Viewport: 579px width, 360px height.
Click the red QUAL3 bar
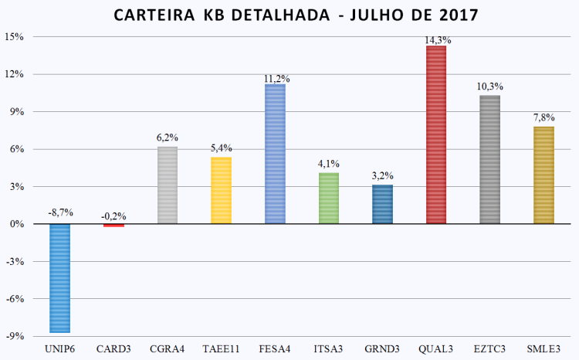436,135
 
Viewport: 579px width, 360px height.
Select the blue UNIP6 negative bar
60,278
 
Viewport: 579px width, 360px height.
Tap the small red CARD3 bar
113,225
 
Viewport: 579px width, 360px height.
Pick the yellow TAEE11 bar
221,190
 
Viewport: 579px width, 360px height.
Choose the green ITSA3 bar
329,198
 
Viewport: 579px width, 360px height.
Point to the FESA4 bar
275,154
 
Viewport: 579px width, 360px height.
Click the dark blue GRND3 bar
382,204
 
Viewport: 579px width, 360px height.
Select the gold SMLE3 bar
543,175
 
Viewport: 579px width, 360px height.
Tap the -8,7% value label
60,211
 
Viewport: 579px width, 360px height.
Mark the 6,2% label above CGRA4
168,138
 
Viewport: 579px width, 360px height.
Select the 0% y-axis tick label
16,224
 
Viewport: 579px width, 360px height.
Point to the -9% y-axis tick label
15,336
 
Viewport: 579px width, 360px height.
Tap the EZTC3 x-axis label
490,348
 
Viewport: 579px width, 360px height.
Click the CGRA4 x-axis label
168,348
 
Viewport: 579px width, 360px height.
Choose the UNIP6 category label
60,348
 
